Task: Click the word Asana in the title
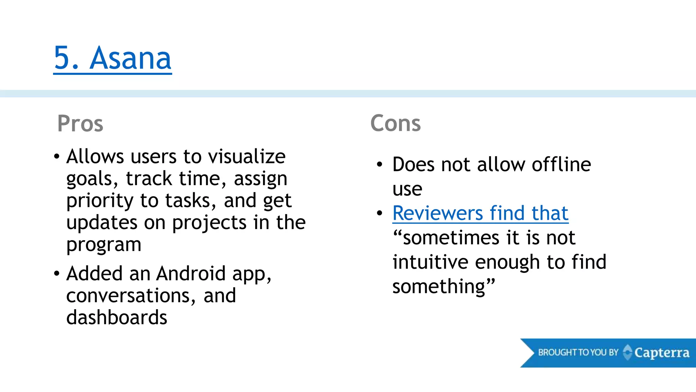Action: pyautogui.click(x=130, y=58)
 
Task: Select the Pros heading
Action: pyautogui.click(x=80, y=123)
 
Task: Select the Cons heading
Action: pyautogui.click(x=396, y=123)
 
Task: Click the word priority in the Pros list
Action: pyautogui.click(x=100, y=201)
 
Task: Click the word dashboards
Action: pyautogui.click(x=117, y=317)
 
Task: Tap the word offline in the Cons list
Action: pyautogui.click(x=561, y=165)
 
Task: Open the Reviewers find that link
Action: pyautogui.click(x=480, y=213)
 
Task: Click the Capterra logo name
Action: pyautogui.click(x=662, y=353)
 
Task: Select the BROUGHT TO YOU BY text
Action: pyautogui.click(x=578, y=353)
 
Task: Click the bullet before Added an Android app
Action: pyautogui.click(x=57, y=274)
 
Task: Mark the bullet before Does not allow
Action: pyautogui.click(x=380, y=165)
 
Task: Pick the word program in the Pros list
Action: pyautogui.click(x=104, y=245)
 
